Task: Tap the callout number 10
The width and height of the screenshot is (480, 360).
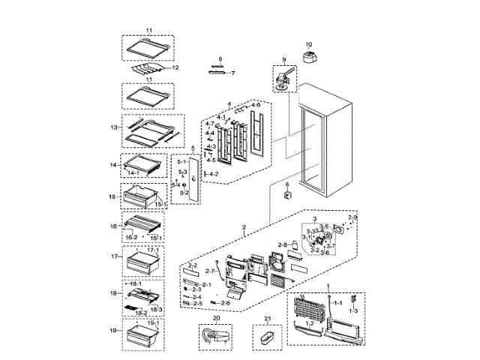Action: click(x=307, y=44)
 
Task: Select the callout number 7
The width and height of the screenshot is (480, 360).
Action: click(x=232, y=73)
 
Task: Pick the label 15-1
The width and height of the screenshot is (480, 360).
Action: click(x=159, y=203)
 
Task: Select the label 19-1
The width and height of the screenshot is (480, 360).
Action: click(x=153, y=323)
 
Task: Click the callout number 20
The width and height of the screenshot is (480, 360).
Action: click(x=216, y=318)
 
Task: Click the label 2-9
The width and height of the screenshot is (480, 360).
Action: click(x=353, y=218)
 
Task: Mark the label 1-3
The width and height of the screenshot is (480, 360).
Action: click(x=353, y=310)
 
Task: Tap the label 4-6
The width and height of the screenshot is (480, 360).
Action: click(x=255, y=106)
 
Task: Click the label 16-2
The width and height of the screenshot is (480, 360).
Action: click(x=130, y=236)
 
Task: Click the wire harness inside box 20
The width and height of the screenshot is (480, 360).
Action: click(x=215, y=337)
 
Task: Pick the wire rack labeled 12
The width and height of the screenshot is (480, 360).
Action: click(x=150, y=70)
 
